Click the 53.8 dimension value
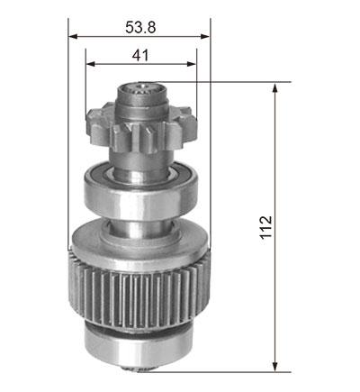coord(140,28)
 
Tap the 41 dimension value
coord(140,56)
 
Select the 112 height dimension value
coord(265,227)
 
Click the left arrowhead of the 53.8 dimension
coord(73,37)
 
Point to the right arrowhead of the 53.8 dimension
coord(205,37)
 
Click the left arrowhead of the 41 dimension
coord(91,64)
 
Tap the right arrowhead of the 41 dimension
coord(192,64)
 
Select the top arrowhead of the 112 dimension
coord(274,88)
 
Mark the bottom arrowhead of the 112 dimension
coord(274,367)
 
